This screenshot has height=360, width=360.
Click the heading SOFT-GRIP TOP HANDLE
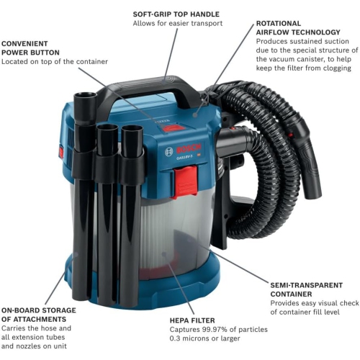pos(176,14)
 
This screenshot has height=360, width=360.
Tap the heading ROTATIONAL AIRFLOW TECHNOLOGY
pos(298,27)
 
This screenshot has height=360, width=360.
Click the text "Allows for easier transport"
pos(177,24)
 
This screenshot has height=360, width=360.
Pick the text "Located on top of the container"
pos(54,62)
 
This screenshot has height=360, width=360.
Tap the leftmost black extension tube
pos(84,209)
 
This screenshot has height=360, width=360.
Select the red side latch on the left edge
pos(60,152)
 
